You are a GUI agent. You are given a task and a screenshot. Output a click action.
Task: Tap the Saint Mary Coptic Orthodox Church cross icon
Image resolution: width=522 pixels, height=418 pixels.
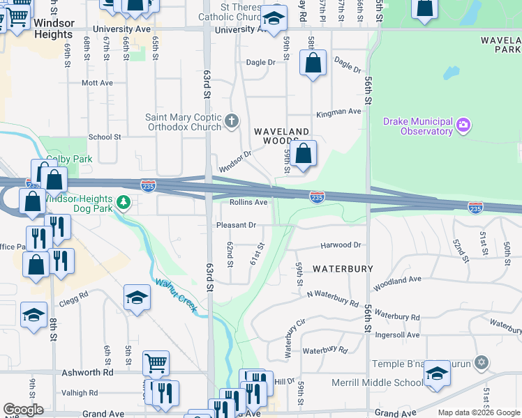click(x=232, y=122)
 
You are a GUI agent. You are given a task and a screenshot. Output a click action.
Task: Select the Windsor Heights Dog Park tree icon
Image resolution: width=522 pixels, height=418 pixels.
click(x=124, y=203)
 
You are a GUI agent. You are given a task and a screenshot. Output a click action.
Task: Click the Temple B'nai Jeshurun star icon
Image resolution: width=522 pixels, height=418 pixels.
click(x=480, y=363)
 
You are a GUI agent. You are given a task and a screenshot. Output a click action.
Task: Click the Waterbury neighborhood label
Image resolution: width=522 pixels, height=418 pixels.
click(x=343, y=268)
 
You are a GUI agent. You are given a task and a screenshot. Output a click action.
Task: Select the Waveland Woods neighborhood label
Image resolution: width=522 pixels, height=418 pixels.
click(x=281, y=136)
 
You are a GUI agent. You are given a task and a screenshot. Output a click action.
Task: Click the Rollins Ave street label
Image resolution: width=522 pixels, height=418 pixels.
click(x=248, y=203)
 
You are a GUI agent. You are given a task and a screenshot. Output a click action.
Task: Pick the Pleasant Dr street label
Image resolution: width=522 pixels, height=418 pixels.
click(x=237, y=225)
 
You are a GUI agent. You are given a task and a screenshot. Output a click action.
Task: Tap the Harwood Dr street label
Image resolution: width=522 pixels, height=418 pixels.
click(x=341, y=245)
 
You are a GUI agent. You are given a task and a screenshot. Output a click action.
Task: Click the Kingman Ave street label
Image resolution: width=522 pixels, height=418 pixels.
click(x=338, y=111)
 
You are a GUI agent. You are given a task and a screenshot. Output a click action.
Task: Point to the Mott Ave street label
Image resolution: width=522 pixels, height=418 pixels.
click(x=97, y=82)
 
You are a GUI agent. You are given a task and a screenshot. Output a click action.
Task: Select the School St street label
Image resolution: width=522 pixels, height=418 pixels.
click(x=105, y=137)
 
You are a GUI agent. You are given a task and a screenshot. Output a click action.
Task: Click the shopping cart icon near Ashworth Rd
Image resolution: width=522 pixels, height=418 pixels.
click(x=156, y=362)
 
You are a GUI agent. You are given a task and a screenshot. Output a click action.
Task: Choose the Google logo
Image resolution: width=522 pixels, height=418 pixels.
click(x=23, y=410)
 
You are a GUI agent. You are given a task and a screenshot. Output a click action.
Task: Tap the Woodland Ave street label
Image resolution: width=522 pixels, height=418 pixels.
click(x=398, y=284)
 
